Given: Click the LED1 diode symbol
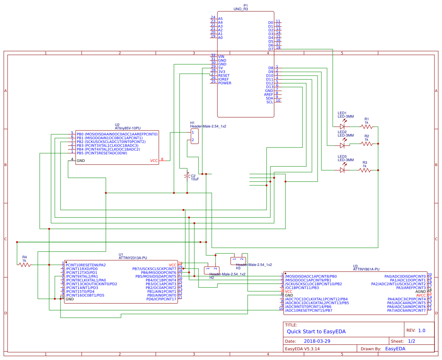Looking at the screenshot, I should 343,127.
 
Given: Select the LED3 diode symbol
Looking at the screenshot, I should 343,170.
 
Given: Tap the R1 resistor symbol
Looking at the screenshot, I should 366,127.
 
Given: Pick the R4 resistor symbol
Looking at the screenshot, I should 25,265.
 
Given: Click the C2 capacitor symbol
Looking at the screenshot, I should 187,176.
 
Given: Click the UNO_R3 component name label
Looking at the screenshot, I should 241,9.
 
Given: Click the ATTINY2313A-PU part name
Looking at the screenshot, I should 133,258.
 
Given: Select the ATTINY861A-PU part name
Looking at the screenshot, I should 366,269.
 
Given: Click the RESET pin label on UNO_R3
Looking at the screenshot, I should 224,76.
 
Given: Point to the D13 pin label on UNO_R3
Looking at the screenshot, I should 269,87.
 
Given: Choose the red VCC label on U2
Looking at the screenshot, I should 154,161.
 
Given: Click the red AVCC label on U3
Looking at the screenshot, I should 421,295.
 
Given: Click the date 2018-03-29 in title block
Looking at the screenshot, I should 319,341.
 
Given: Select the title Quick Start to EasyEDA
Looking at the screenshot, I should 316,332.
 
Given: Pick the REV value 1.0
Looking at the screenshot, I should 421,330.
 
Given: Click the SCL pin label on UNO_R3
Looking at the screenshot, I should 269,102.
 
